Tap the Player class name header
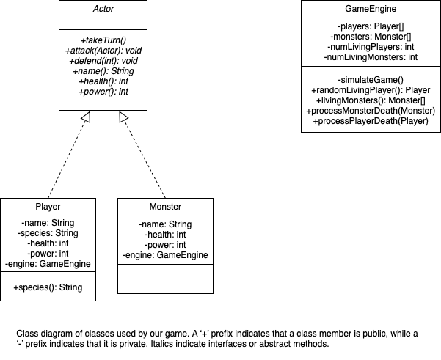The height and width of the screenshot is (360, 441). [48, 207]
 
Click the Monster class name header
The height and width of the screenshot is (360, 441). [165, 207]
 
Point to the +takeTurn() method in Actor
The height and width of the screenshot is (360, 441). [104, 40]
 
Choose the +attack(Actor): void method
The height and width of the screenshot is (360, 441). [104, 51]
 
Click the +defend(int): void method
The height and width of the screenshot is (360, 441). [104, 61]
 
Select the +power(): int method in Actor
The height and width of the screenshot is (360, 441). [104, 92]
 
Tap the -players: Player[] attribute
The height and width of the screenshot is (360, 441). [371, 26]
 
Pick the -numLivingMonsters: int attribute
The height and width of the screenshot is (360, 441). [371, 57]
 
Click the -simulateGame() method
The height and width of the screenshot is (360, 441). [371, 79]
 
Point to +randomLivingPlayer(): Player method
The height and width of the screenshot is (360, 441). [371, 89]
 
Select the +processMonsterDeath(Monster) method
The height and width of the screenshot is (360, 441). [371, 110]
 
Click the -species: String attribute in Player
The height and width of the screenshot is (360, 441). [48, 233]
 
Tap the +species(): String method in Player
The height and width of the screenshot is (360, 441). [48, 287]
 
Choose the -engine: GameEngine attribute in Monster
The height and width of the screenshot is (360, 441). [165, 255]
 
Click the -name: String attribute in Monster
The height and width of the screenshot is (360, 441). [165, 224]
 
